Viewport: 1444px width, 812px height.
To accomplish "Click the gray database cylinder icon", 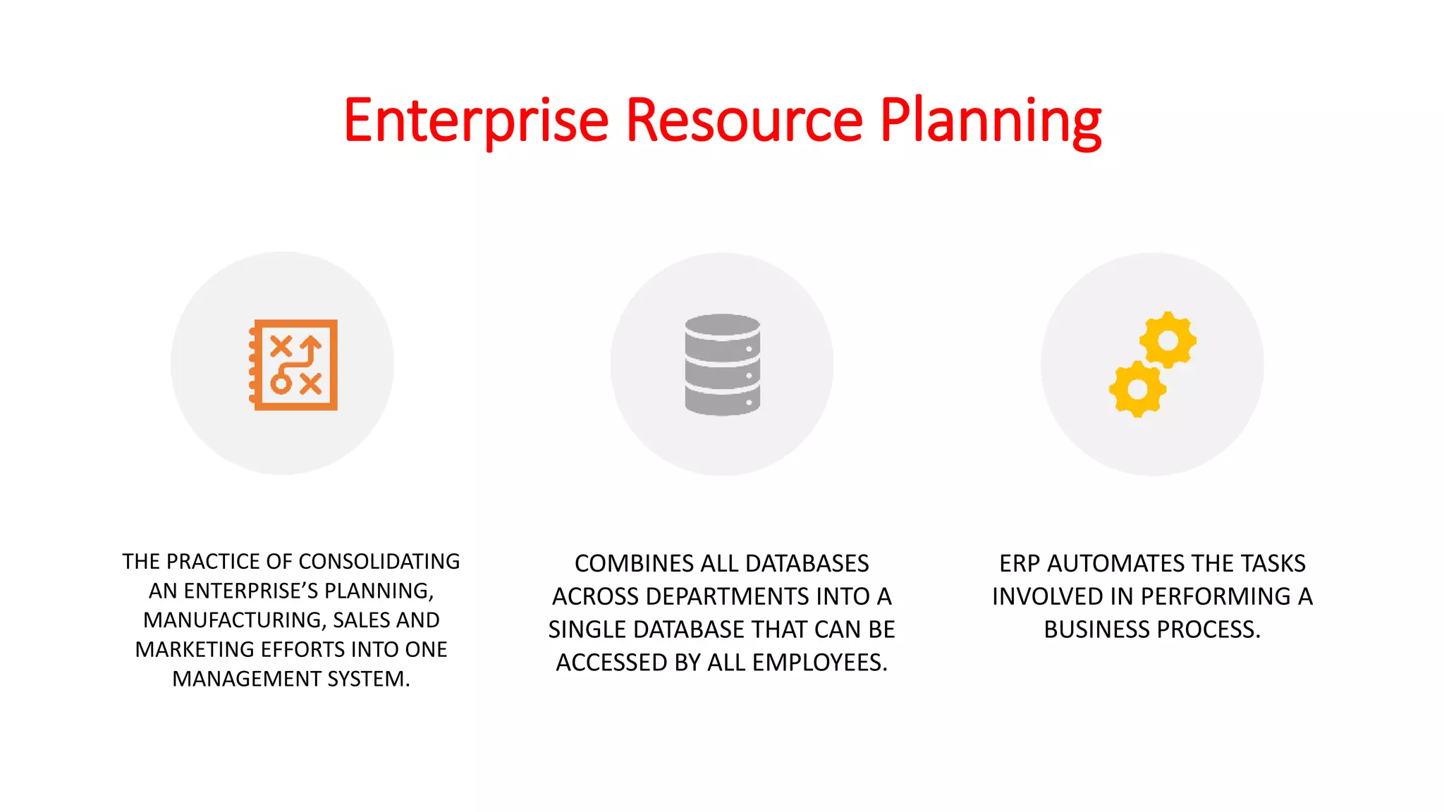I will (722, 364).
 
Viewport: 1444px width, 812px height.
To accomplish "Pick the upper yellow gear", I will (1168, 340).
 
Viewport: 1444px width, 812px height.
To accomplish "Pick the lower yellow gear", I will (1137, 388).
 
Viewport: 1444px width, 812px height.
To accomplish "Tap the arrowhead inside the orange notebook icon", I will (311, 343).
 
